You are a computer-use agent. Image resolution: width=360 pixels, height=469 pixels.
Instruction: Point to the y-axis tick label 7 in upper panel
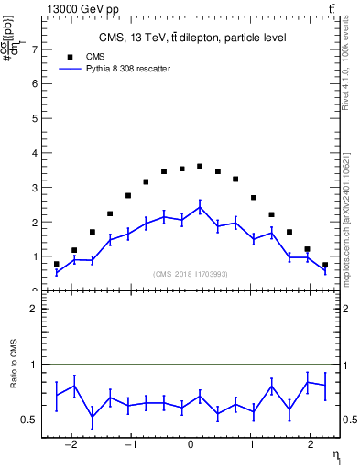(35, 49)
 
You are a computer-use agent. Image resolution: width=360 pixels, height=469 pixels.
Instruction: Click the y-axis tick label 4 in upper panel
(35, 153)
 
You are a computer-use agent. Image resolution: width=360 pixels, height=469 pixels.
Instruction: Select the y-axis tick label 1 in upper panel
(35, 256)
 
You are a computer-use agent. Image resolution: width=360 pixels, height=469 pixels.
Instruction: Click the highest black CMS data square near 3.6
(200, 166)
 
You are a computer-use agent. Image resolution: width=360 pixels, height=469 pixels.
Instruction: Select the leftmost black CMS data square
(57, 264)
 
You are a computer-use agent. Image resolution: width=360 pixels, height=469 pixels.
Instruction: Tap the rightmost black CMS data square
(325, 265)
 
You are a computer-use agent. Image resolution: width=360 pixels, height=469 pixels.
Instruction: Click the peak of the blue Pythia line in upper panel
(200, 206)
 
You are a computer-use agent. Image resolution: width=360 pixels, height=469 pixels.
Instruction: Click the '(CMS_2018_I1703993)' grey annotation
(191, 274)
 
